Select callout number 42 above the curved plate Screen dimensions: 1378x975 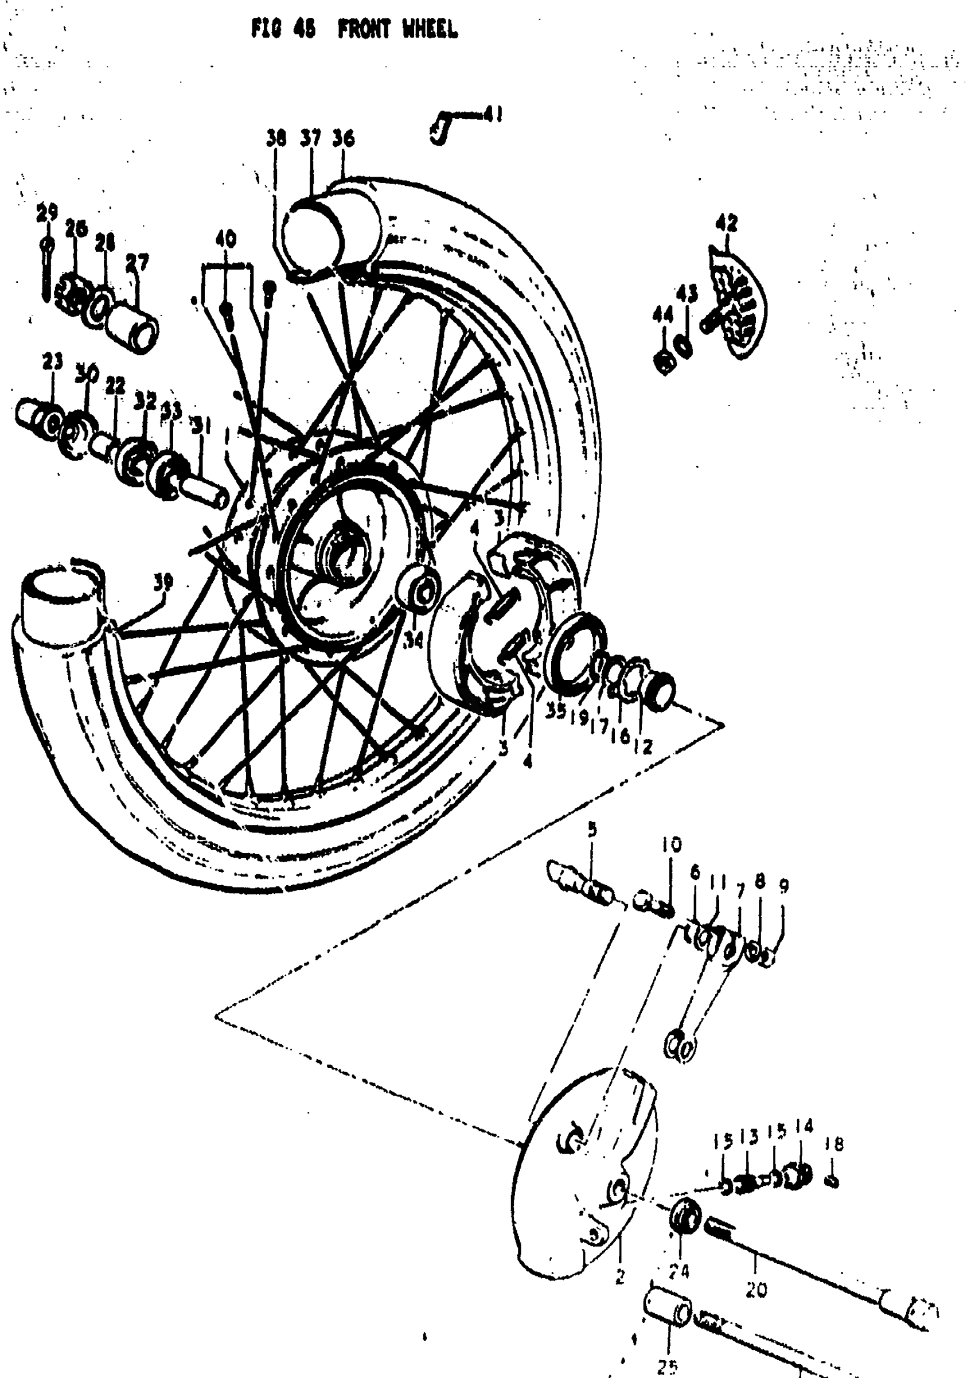tap(727, 223)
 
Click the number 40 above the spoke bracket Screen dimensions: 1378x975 tap(226, 240)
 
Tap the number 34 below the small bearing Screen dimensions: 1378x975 tap(412, 643)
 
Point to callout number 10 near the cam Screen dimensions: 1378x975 tap(672, 846)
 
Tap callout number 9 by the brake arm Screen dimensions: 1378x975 tap(783, 886)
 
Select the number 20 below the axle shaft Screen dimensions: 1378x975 tap(756, 1289)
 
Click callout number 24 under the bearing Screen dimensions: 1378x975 tap(680, 1271)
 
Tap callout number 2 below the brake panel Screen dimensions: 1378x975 tap(619, 1276)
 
